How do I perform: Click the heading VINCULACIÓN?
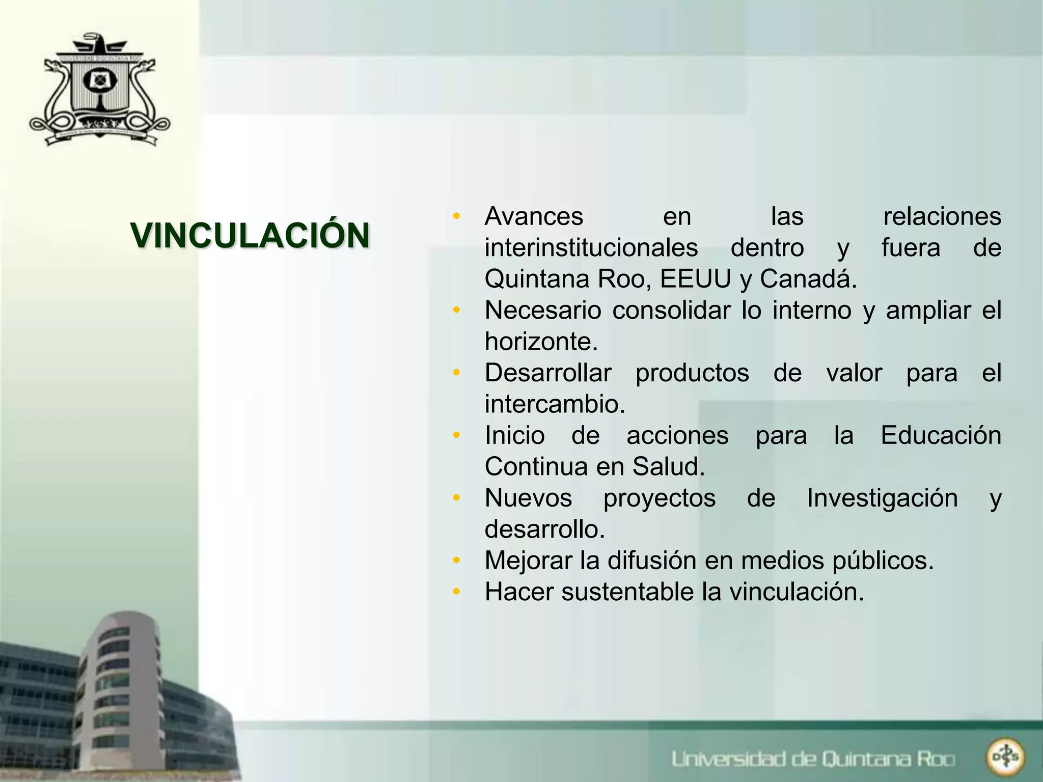(250, 236)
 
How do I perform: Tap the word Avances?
(534, 216)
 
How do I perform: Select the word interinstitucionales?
(591, 248)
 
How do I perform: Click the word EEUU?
(696, 279)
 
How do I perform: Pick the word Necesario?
(543, 311)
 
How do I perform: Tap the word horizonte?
(541, 342)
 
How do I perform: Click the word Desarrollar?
(548, 373)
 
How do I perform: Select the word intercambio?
(555, 404)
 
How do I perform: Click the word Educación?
(941, 436)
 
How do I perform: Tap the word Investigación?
(882, 498)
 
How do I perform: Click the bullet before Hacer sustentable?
(457, 592)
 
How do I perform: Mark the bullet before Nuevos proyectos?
(457, 498)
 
